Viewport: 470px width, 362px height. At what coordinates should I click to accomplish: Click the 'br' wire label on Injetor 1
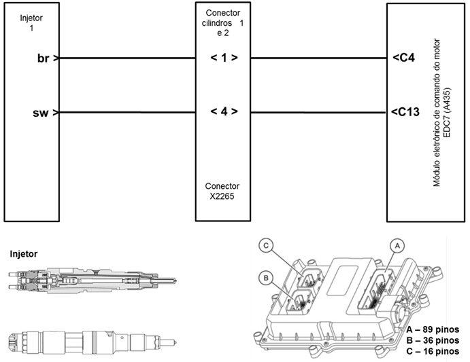(43, 58)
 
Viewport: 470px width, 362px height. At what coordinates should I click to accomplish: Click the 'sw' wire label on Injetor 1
(42, 112)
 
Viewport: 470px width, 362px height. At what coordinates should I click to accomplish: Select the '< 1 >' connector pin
(224, 58)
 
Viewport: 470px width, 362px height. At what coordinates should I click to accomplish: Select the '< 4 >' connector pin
(224, 112)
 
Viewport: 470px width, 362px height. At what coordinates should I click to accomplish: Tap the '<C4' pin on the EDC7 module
(404, 58)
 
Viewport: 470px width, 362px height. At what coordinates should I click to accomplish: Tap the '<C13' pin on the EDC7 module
(407, 112)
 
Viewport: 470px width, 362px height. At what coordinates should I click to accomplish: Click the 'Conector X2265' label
(224, 192)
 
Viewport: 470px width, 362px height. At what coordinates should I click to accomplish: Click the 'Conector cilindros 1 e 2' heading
(224, 22)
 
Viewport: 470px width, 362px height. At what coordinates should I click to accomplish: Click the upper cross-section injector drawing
(88, 279)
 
